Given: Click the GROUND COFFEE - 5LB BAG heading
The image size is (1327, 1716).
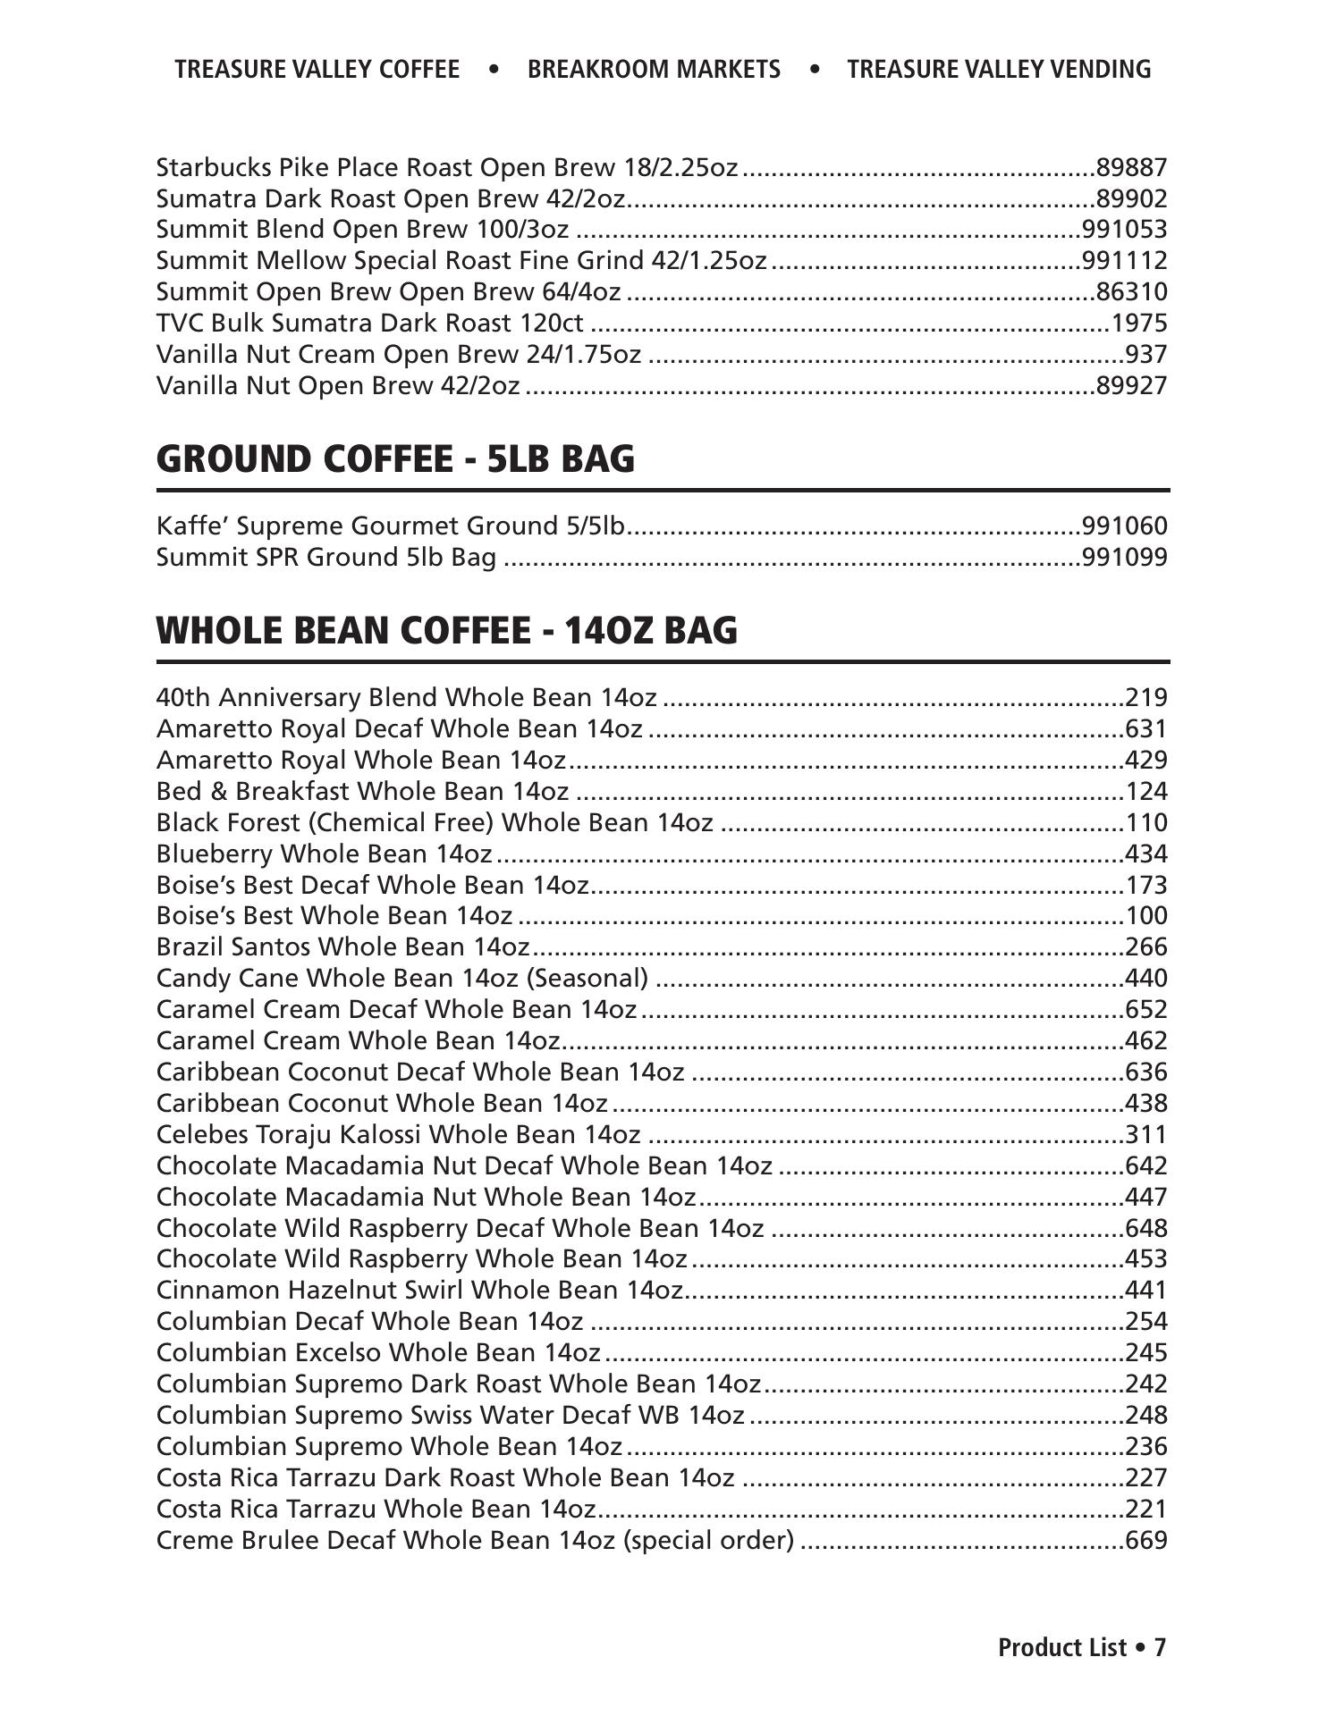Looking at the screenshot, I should coord(395,459).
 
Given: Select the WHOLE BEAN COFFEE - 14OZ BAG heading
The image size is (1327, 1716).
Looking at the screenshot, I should coord(447,631).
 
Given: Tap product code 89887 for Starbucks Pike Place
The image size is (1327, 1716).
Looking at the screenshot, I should coord(1131,168).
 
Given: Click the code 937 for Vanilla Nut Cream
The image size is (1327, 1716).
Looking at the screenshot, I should coord(1145,355).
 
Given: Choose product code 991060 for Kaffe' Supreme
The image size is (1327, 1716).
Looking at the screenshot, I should coord(1124,526).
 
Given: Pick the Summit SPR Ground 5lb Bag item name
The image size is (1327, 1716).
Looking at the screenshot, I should coord(326,558).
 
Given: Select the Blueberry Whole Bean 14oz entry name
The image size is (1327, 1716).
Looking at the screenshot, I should coord(324,854).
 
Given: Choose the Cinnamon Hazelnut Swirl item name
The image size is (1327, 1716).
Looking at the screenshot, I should coord(419,1291).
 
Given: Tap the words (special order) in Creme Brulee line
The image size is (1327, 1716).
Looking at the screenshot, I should coord(709,1541).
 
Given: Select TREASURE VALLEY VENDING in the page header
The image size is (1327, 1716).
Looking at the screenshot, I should coord(999,70).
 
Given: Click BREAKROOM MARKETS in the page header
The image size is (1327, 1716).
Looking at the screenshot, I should coord(654,70).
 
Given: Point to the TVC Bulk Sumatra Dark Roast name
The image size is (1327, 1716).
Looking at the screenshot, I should coord(370,324).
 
